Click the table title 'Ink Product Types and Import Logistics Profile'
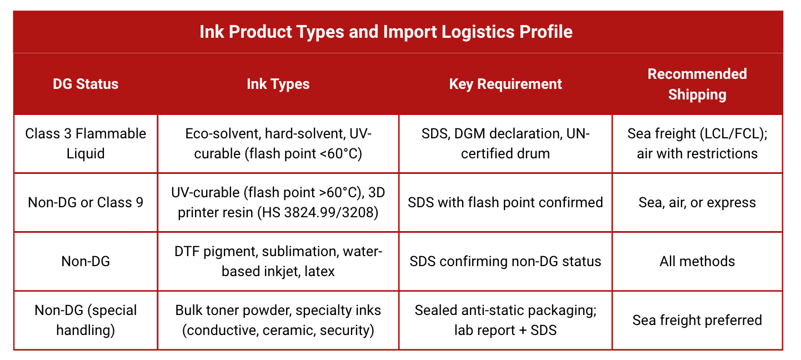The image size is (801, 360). [386, 32]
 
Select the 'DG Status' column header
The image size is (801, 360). [86, 84]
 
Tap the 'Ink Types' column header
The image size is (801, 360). [278, 84]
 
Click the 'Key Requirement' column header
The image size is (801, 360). [505, 84]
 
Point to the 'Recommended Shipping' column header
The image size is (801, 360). [697, 84]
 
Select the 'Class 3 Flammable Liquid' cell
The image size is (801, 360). [86, 143]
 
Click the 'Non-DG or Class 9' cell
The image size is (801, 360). [86, 202]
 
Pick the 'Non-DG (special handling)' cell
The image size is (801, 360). [86, 320]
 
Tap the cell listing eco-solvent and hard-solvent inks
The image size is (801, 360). [278, 143]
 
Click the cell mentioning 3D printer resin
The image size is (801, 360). [278, 202]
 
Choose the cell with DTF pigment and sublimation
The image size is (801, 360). [278, 261]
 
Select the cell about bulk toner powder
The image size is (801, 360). [278, 320]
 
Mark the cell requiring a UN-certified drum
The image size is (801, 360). [505, 143]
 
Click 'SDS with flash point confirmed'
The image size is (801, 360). [505, 202]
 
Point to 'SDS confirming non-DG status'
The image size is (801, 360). [505, 261]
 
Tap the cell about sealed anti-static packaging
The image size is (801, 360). [505, 320]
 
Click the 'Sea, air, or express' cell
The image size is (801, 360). [697, 202]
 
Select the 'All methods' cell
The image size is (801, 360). [697, 261]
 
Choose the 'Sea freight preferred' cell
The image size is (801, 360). [697, 320]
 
